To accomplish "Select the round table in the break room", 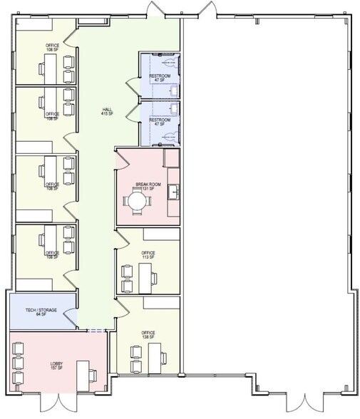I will coord(135,202).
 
